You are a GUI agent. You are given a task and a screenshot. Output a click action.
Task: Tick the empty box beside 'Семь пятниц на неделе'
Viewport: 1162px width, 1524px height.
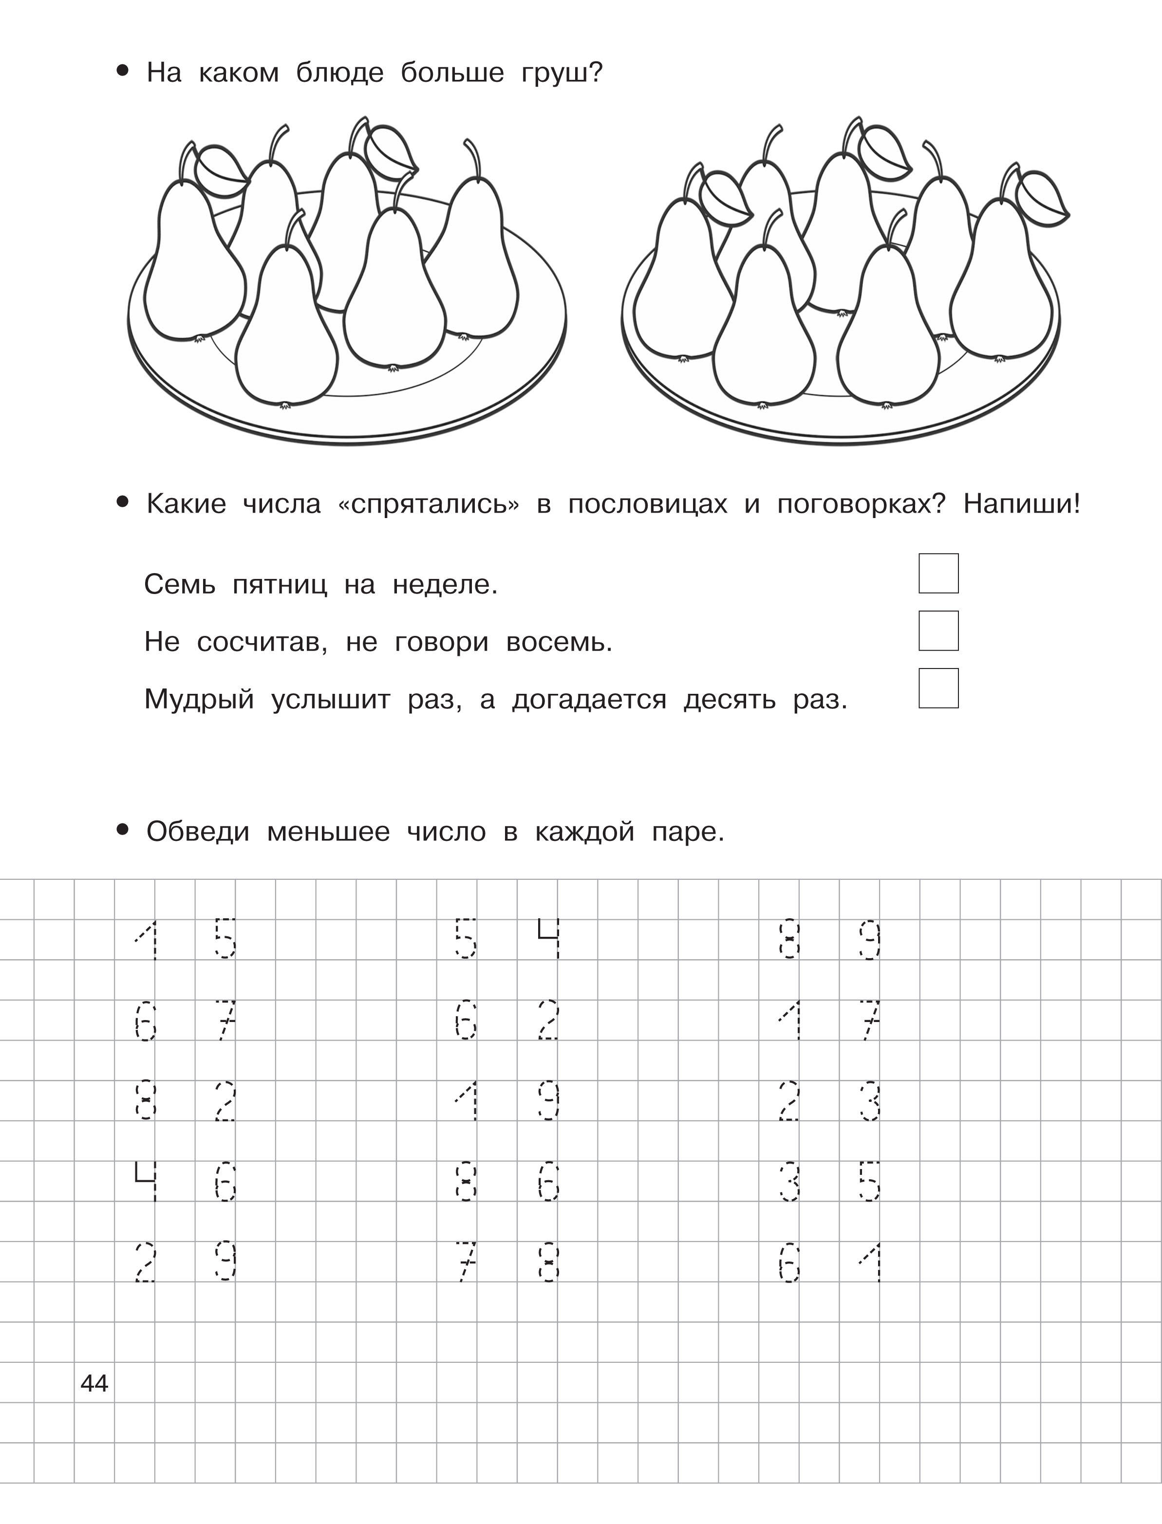point(938,573)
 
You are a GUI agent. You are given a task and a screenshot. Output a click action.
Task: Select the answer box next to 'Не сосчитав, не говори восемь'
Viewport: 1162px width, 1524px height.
point(938,631)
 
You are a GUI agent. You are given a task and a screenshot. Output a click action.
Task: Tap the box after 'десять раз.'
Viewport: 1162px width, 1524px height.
point(938,688)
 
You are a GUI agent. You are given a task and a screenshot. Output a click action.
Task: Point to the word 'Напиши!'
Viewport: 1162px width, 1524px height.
point(1021,504)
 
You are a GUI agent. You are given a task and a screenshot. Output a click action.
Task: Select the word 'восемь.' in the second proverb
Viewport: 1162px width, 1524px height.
point(559,642)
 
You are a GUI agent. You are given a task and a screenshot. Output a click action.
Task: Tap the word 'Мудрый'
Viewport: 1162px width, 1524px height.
point(199,700)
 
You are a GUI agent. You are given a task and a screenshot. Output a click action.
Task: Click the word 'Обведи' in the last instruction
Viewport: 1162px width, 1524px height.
point(198,831)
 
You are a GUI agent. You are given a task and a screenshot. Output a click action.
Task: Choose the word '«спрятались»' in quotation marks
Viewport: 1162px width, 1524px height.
point(428,504)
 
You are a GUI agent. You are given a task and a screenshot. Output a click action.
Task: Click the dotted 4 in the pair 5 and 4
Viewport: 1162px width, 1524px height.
point(548,938)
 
